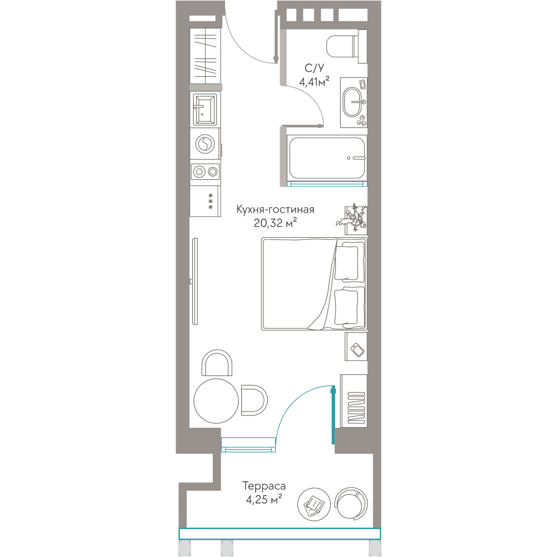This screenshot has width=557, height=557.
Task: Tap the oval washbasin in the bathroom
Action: (x=352, y=102)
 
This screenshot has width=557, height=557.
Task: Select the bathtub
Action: (x=327, y=158)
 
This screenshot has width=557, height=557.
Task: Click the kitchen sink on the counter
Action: (x=204, y=109)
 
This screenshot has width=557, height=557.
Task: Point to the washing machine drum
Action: (x=205, y=144)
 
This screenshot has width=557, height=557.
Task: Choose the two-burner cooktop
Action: (x=206, y=172)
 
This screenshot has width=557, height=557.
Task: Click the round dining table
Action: (x=216, y=400)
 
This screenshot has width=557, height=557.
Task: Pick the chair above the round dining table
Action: (x=217, y=363)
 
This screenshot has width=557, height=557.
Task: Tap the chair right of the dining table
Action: (x=254, y=400)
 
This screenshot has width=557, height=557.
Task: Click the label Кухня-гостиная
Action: (x=275, y=209)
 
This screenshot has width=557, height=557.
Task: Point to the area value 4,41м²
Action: (x=314, y=82)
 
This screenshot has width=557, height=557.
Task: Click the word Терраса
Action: (x=264, y=486)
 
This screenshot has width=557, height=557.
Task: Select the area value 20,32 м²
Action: (x=275, y=223)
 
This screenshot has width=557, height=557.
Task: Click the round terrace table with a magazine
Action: (x=314, y=505)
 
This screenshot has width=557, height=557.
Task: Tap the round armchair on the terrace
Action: (x=351, y=504)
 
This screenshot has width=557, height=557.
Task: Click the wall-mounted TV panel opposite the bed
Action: (x=194, y=281)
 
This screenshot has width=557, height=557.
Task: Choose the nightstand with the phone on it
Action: (x=356, y=346)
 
